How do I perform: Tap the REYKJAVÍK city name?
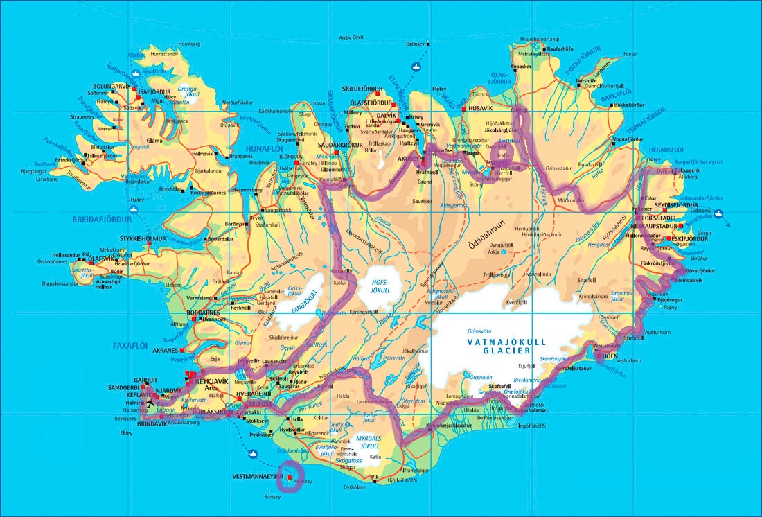pos(213,382)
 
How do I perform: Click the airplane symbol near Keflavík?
pos(150,403)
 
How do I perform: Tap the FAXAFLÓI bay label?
pos(131,344)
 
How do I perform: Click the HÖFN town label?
pos(610,356)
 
